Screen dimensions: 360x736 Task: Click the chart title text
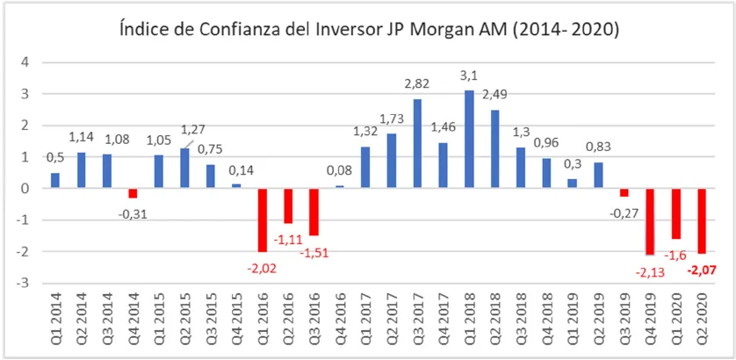(x=368, y=31)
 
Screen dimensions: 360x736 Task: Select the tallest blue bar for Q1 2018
(x=469, y=139)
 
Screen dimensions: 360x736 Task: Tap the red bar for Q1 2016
(x=262, y=220)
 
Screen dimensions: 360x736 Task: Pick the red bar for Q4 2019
(x=650, y=221)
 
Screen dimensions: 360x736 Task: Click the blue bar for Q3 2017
(x=417, y=143)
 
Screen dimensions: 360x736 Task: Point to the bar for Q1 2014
(x=54, y=180)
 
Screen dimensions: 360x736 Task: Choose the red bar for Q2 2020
(x=702, y=220)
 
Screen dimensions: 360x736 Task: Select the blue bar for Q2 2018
(x=494, y=148)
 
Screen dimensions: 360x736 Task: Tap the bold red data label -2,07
(x=703, y=269)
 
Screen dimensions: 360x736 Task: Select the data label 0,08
(x=340, y=172)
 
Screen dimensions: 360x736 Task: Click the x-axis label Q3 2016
(x=314, y=320)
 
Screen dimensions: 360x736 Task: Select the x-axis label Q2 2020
(x=703, y=320)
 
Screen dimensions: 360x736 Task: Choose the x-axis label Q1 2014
(x=55, y=320)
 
